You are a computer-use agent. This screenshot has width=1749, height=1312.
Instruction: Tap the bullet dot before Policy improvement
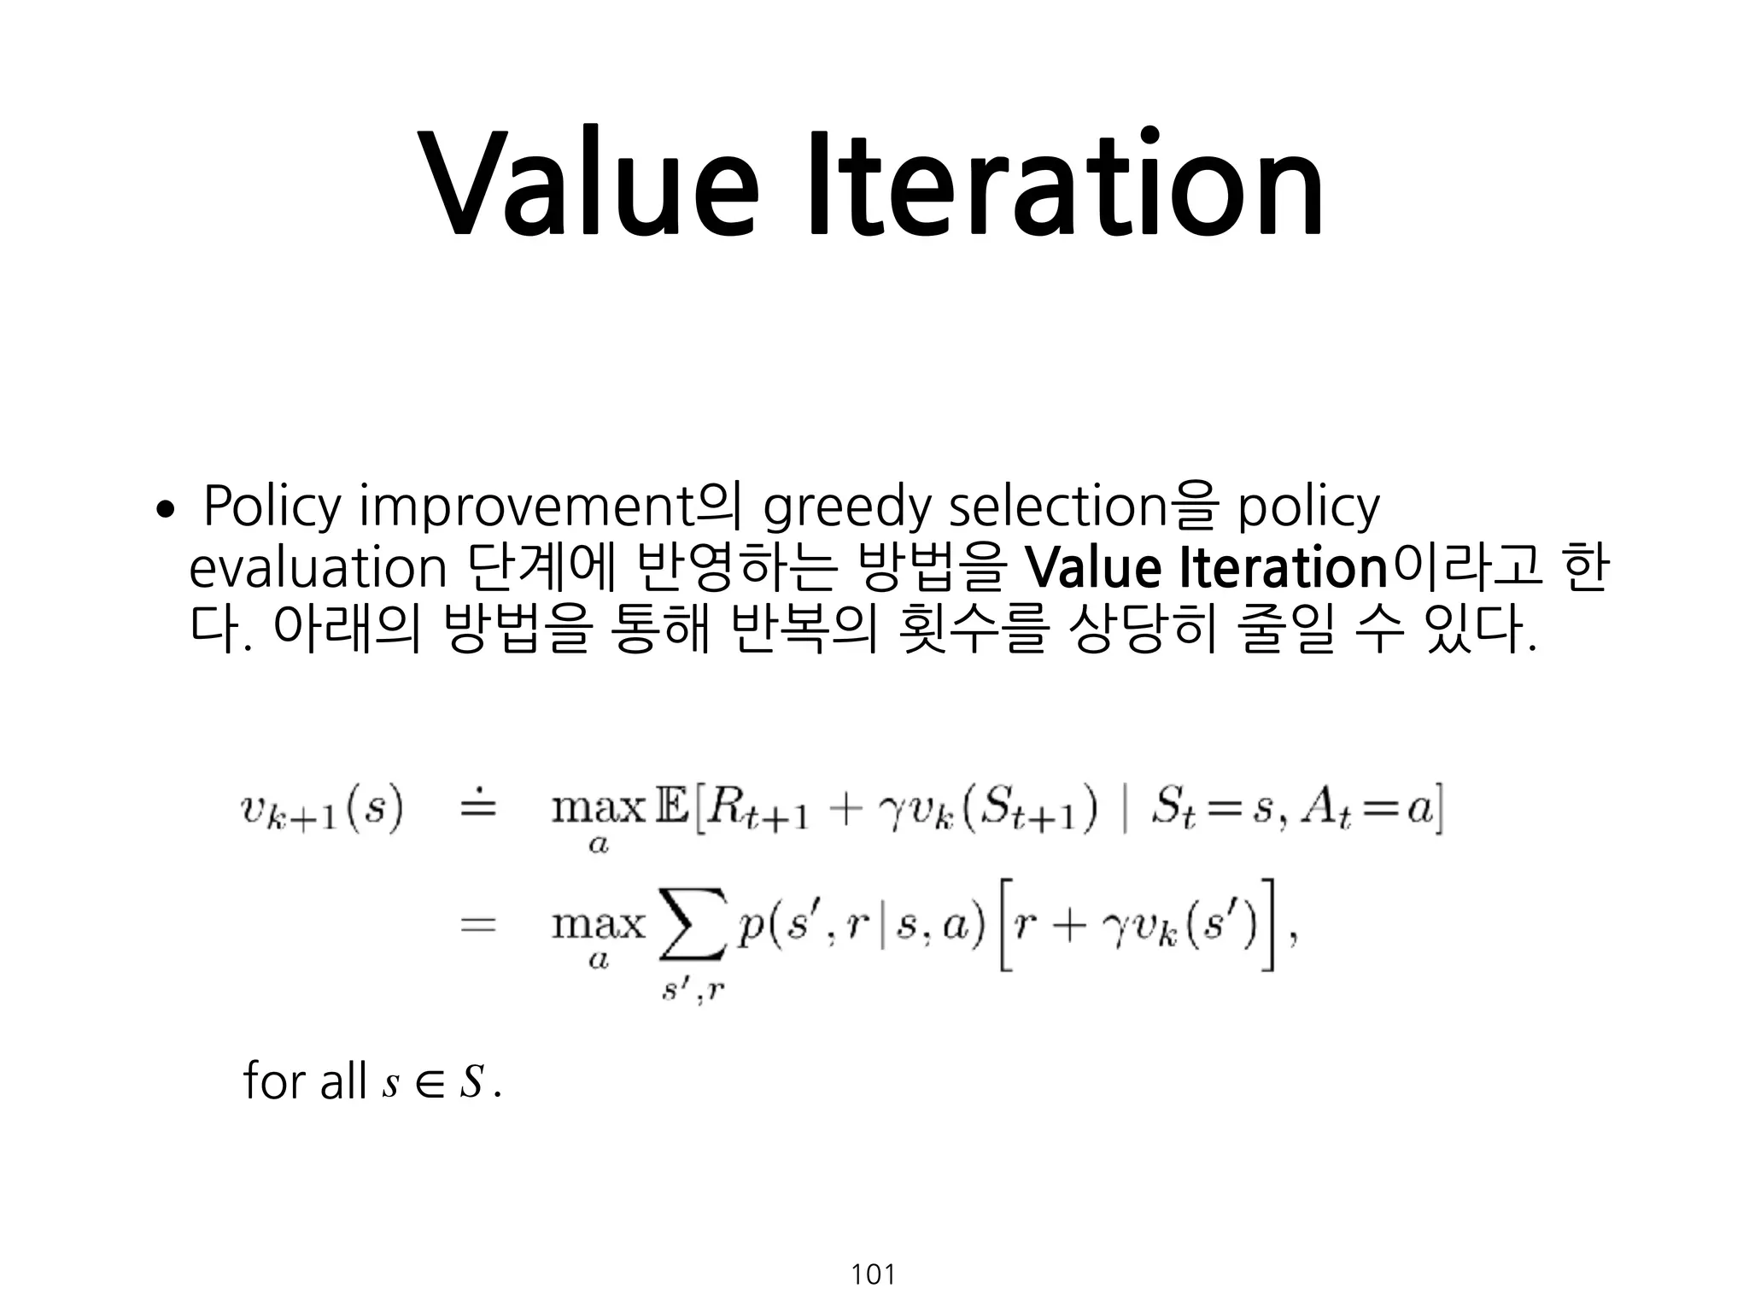click(164, 511)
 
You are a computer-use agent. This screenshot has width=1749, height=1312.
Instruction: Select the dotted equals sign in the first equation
click(478, 806)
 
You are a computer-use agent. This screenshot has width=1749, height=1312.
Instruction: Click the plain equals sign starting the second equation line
click(478, 926)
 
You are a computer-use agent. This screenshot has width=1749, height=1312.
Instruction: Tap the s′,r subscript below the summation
click(693, 991)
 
